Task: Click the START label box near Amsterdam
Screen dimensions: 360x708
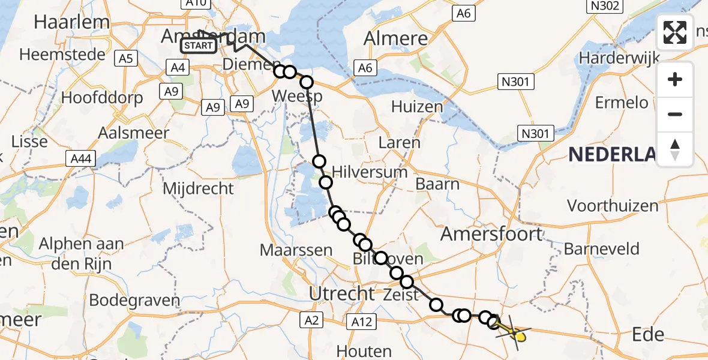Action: (199, 46)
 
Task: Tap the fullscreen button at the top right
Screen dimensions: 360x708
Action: (675, 32)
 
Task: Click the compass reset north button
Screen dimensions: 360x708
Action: (675, 149)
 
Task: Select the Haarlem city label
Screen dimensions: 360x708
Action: (72, 22)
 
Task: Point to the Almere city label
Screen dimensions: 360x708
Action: (397, 39)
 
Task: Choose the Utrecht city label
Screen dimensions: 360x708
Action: (341, 293)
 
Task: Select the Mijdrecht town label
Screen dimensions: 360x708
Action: (199, 188)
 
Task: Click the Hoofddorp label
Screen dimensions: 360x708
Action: (102, 98)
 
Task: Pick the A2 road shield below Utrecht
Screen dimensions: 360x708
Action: (314, 320)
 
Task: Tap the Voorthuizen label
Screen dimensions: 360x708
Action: (613, 206)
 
